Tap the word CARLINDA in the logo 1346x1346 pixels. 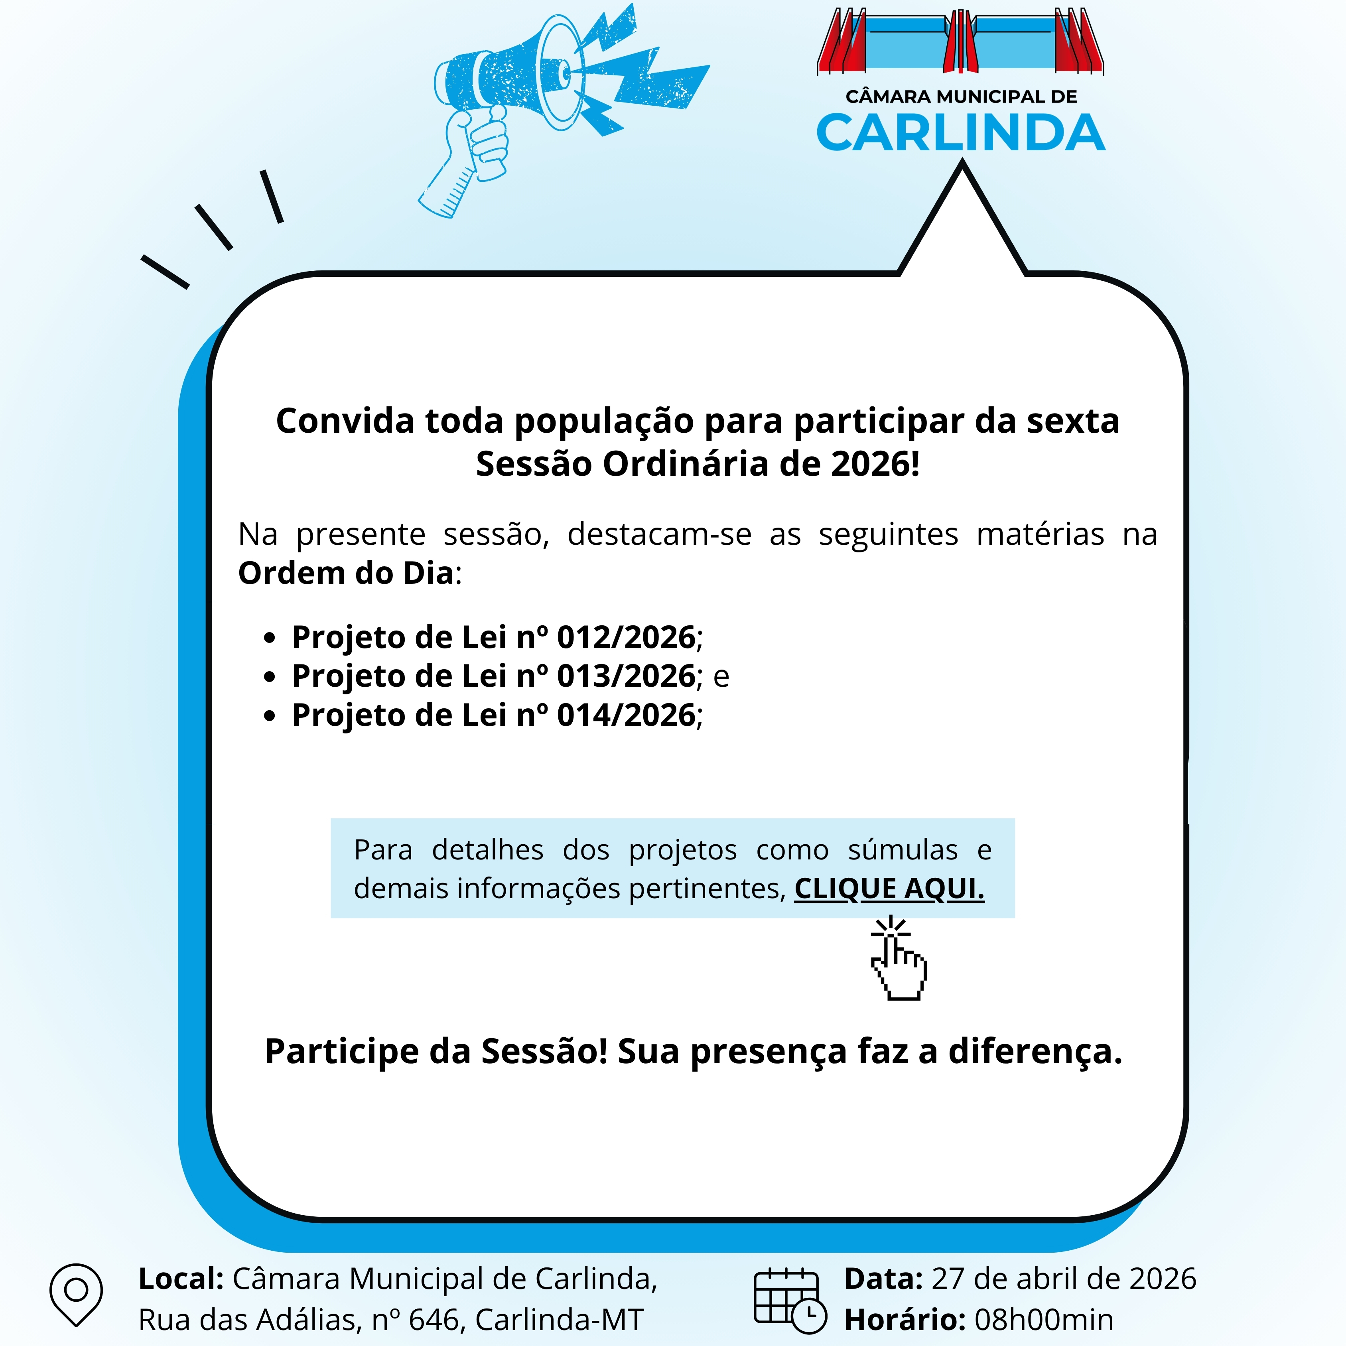coord(960,133)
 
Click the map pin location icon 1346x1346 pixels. coord(76,1294)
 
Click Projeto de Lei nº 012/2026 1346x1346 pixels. coord(493,637)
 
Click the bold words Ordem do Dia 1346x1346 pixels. coord(345,573)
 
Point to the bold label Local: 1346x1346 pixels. coord(180,1279)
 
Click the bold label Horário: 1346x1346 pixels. coord(904,1320)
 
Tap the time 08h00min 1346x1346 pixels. coord(1044,1320)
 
